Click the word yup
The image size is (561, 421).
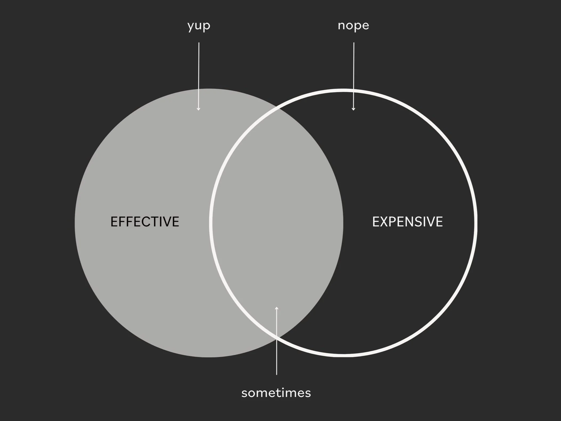pos(199,26)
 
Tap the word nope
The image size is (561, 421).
pos(353,26)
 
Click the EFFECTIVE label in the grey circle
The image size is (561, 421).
pos(145,222)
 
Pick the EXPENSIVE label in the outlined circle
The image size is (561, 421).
pos(407,222)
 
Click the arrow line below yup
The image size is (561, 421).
pos(199,76)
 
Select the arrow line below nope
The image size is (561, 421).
pos(354,76)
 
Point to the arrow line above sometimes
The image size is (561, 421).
pos(277,341)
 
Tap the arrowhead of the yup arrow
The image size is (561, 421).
pos(199,109)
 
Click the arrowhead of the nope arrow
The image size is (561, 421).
pos(354,109)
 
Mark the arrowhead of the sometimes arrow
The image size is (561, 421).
pos(277,308)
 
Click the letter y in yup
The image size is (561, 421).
pos(191,27)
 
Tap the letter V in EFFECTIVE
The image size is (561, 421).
pos(168,222)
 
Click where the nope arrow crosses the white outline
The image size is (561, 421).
pos(354,91)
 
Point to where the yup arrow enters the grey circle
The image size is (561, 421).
pos(199,89)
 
